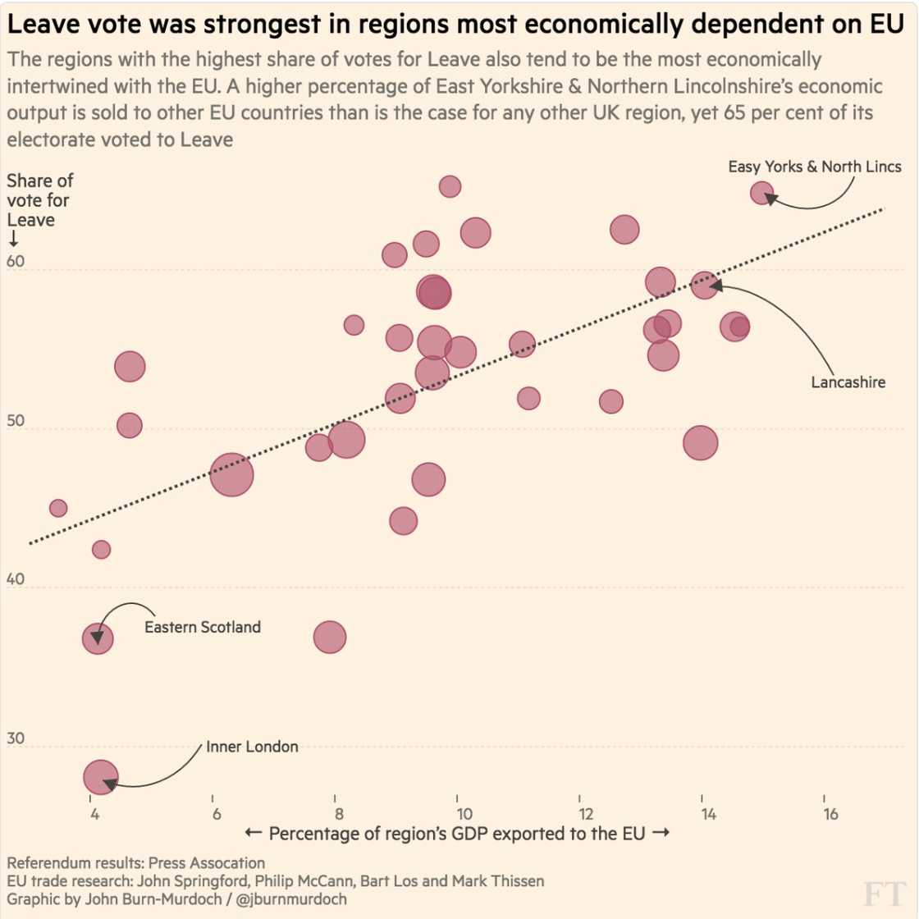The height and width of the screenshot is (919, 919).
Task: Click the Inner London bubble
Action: click(101, 777)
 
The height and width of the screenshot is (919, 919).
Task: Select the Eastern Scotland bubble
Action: click(98, 638)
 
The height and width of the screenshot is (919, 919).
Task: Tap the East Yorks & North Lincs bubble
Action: click(762, 194)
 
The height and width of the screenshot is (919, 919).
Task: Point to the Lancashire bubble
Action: click(704, 285)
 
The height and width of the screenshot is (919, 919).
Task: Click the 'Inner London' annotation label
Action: click(252, 747)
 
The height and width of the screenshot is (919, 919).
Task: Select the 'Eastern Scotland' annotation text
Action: click(203, 627)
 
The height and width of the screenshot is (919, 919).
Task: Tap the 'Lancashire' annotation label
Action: click(848, 382)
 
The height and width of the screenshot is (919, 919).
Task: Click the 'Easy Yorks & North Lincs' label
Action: click(814, 167)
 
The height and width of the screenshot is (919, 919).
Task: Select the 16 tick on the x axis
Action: click(830, 814)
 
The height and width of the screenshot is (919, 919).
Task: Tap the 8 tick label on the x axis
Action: click(339, 814)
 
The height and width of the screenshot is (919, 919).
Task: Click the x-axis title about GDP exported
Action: click(457, 834)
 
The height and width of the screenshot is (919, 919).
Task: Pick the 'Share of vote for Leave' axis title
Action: click(39, 200)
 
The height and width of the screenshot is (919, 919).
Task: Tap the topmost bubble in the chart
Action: click(450, 186)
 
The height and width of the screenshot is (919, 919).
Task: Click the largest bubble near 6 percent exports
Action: click(231, 474)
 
